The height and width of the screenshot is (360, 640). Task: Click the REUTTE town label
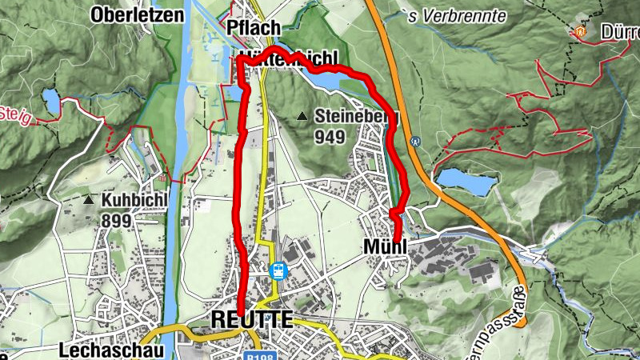251,319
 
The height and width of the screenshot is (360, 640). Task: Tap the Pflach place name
254,28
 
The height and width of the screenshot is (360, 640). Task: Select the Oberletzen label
132,14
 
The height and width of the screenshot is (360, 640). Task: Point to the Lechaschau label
111,350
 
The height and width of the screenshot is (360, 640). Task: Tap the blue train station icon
278,270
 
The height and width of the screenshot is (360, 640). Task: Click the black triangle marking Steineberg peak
302,117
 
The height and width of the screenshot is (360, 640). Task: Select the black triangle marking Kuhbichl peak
88,199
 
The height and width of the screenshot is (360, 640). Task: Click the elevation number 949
330,138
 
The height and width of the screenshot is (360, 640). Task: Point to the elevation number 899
116,219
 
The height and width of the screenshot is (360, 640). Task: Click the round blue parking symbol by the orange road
415,142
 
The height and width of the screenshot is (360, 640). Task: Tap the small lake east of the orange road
465,182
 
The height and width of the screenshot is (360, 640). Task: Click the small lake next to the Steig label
51,102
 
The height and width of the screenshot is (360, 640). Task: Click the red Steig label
16,118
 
